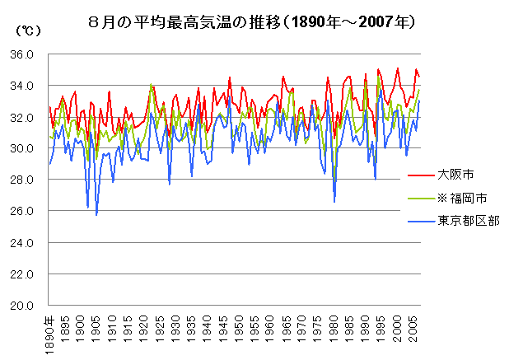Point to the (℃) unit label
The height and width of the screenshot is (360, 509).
pyautogui.click(x=26, y=31)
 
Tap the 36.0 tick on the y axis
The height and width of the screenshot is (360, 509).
pyautogui.click(x=21, y=55)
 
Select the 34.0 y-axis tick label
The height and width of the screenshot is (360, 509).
pyautogui.click(x=21, y=86)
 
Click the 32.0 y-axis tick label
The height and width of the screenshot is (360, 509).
pyautogui.click(x=21, y=118)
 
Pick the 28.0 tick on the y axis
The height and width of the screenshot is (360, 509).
pyautogui.click(x=21, y=180)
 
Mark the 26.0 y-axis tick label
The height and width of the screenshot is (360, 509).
pyautogui.click(x=21, y=212)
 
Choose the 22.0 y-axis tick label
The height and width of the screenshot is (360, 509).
pyautogui.click(x=21, y=274)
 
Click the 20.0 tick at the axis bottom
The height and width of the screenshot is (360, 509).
pyautogui.click(x=21, y=306)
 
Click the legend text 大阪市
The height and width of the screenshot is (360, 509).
pyautogui.click(x=454, y=175)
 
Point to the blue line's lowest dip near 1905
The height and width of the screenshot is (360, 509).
pyautogui.click(x=96, y=215)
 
